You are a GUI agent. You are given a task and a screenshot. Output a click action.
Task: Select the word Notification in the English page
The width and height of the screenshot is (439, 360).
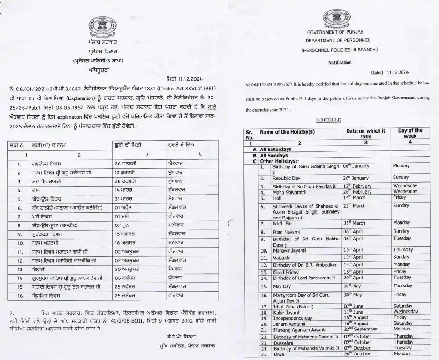point(340,62)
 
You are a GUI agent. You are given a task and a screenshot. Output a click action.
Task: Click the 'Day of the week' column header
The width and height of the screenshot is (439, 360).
point(410,133)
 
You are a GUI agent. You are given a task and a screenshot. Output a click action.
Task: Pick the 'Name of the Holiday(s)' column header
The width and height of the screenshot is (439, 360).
point(287,133)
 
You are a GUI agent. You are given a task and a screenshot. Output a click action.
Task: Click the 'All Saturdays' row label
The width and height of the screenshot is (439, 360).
point(276,149)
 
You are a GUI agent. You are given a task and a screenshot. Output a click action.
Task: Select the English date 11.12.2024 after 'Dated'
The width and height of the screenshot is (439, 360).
point(397,73)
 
